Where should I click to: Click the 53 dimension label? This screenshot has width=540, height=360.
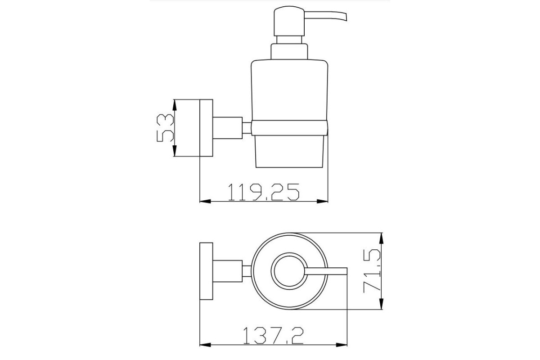click(165, 128)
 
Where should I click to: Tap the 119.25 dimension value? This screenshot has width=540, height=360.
click(264, 192)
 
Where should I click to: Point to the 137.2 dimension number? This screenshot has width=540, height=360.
click(274, 335)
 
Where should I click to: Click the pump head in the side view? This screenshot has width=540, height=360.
click(289, 21)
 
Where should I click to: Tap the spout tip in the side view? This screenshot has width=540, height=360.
click(346, 18)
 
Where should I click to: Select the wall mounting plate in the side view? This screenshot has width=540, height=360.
click(207, 128)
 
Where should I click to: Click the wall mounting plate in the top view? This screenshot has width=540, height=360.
click(207, 271)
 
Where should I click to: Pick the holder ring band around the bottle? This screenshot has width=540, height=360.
click(289, 128)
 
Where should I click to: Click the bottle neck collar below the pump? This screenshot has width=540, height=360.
click(289, 52)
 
